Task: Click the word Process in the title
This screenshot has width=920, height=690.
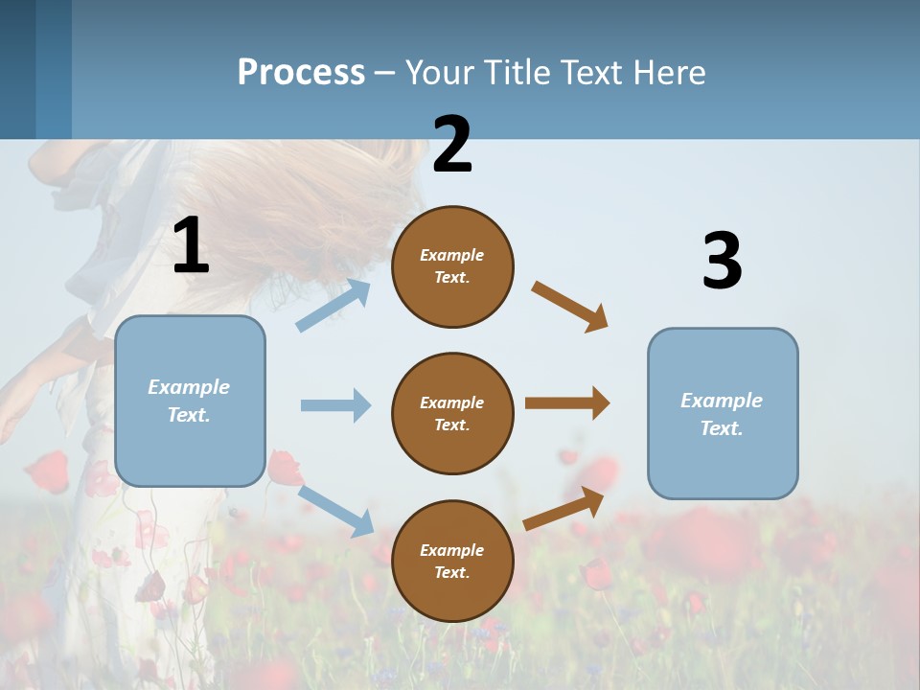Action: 301,73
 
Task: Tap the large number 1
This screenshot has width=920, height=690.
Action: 191,246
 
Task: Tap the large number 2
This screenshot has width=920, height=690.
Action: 452,145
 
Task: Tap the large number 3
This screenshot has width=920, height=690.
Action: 722,262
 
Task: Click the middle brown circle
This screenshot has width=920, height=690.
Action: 452,413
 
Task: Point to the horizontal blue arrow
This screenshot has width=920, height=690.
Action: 335,405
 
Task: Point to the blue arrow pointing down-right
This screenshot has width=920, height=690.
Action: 335,510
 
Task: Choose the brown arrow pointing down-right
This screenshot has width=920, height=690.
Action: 570,306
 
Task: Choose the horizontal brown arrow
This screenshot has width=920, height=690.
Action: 567,403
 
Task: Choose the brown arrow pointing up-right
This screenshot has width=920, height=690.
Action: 564,508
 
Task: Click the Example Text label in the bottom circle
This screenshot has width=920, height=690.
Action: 452,562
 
